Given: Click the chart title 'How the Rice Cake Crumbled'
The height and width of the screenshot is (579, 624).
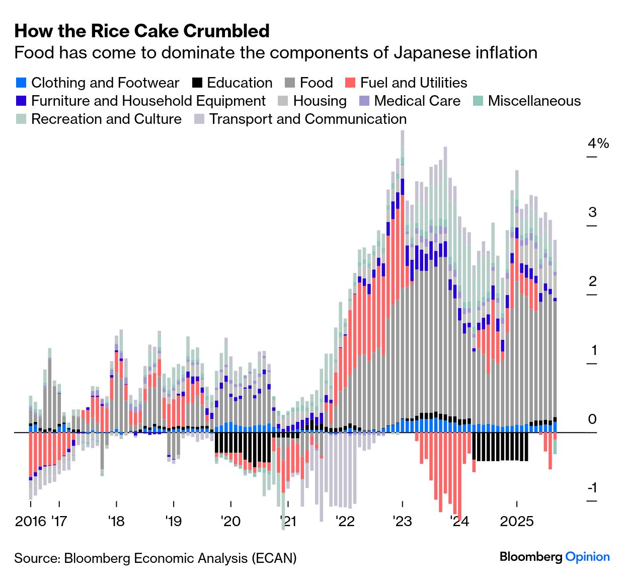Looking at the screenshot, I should [142, 31].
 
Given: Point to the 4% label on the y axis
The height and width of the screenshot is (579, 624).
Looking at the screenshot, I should [598, 143].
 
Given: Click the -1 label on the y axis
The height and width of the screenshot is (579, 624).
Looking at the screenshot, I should [592, 487].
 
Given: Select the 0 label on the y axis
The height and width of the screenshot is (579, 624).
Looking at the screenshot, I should [592, 419].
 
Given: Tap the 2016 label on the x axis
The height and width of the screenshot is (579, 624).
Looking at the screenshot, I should [31, 521].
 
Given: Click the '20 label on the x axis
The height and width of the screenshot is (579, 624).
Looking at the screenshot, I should [230, 521].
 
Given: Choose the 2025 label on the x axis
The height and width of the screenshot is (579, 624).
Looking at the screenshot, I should [517, 521].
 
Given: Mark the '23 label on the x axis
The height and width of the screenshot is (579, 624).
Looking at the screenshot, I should [403, 521].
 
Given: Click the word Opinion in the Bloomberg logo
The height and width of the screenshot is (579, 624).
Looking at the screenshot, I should [587, 557].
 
